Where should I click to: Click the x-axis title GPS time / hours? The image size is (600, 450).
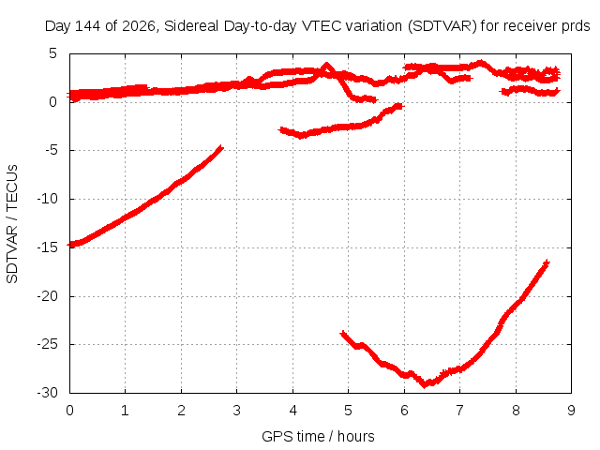(x=318, y=436)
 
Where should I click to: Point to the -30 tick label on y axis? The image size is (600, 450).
(x=47, y=393)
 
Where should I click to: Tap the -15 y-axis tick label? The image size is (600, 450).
(x=47, y=247)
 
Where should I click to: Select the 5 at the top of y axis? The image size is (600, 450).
(x=52, y=53)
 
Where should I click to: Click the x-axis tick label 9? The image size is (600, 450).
(x=571, y=411)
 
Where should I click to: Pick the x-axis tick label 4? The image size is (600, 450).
(x=292, y=411)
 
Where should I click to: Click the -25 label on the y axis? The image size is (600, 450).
(x=47, y=344)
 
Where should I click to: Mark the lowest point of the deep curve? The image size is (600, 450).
(x=424, y=385)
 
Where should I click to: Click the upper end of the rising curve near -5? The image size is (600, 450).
(x=221, y=147)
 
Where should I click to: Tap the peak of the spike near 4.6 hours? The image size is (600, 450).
(x=326, y=65)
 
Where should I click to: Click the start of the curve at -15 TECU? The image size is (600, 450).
(x=71, y=245)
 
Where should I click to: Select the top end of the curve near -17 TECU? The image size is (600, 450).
(x=547, y=262)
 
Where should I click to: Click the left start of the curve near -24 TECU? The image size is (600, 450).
(x=343, y=334)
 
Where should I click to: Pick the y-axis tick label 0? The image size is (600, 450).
(x=52, y=102)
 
